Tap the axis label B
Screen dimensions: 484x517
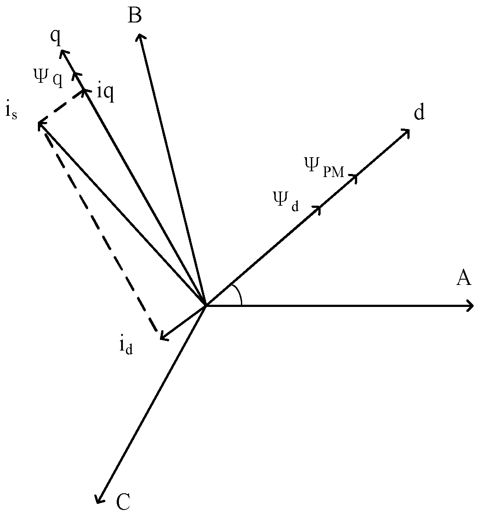135,16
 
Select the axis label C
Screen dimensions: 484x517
124,502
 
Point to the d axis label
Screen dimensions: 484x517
419,113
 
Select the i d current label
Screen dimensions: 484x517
126,346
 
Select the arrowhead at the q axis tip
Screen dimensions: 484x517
63,52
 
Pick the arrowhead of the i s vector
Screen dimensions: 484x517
40,125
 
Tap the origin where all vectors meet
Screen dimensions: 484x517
206,305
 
